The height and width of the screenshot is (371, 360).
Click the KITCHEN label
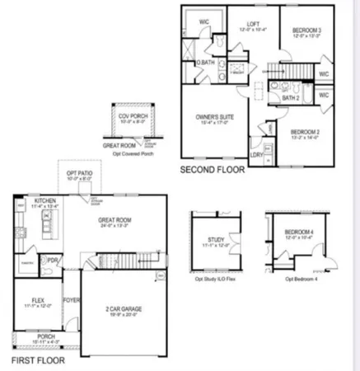pyautogui.click(x=34, y=200)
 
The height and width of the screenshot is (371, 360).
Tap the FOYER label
pyautogui.click(x=72, y=301)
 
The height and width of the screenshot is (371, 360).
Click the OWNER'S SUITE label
pyautogui.click(x=214, y=117)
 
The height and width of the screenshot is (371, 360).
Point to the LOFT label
pyautogui.click(x=254, y=24)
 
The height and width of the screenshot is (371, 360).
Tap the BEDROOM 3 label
pyautogui.click(x=306, y=31)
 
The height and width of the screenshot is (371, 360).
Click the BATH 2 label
pyautogui.click(x=290, y=97)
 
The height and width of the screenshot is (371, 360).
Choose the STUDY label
pyautogui.click(x=211, y=241)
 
